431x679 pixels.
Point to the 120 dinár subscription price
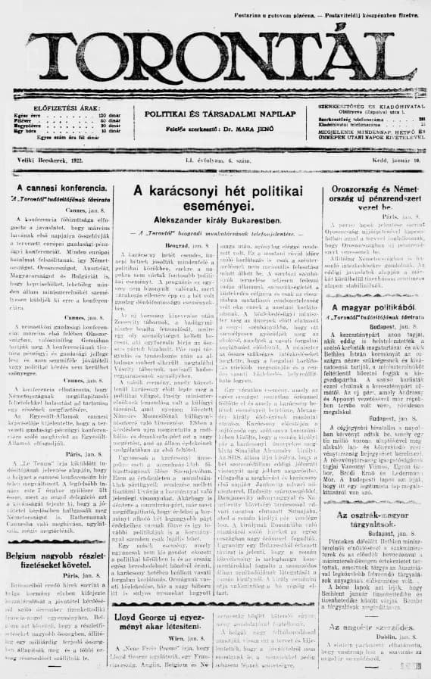[x=106, y=115]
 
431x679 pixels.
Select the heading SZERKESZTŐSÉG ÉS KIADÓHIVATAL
[x=371, y=107]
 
